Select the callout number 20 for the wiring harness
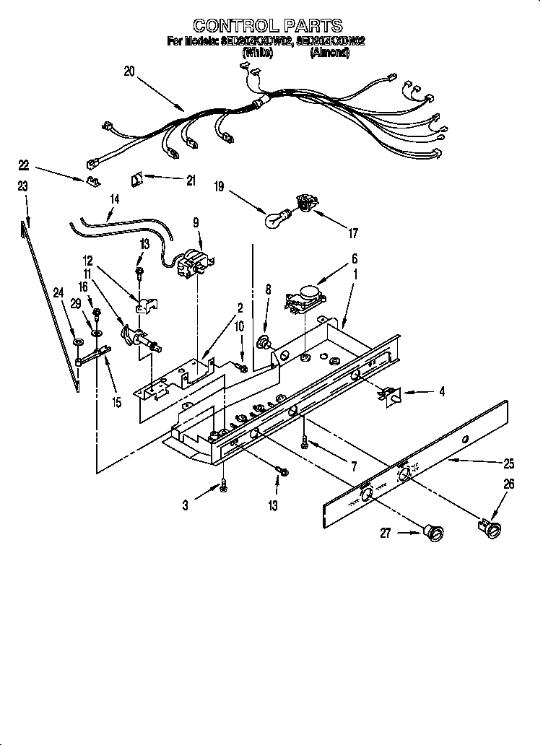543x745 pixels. (129, 72)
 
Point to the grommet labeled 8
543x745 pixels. (265, 343)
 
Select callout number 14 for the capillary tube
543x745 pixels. (115, 197)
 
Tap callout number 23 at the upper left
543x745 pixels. (22, 186)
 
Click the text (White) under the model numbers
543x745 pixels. (257, 53)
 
